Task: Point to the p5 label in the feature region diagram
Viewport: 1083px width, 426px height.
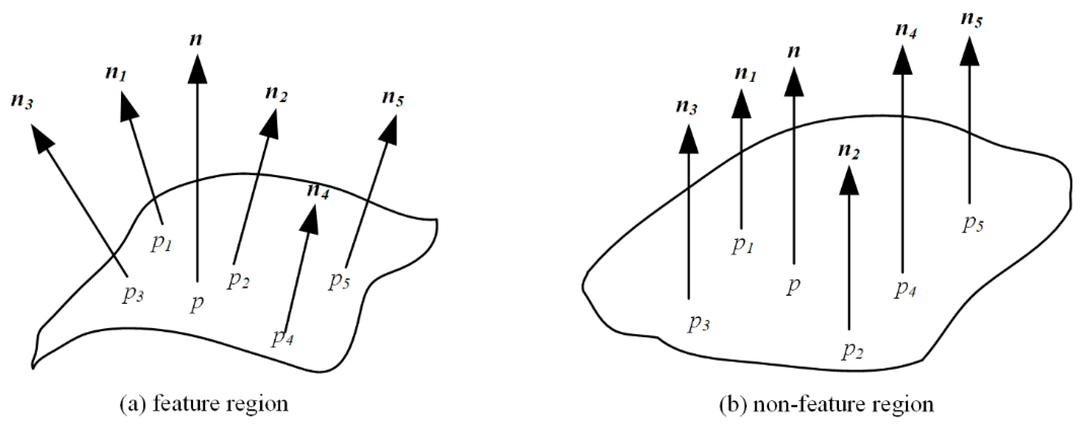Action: [339, 281]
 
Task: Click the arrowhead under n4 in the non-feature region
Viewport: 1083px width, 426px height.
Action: [903, 60]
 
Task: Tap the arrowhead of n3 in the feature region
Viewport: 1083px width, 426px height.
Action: [42, 138]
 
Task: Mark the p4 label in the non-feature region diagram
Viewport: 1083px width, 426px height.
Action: [905, 289]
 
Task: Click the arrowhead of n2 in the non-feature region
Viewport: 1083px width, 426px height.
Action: [849, 180]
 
